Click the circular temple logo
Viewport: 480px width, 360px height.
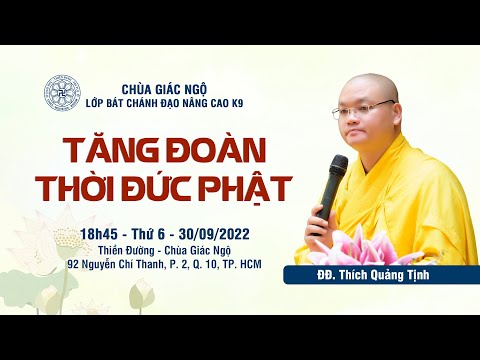click(x=62, y=92)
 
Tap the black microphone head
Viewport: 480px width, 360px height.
click(x=336, y=168)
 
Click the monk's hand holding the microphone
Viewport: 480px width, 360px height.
click(x=322, y=214)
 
